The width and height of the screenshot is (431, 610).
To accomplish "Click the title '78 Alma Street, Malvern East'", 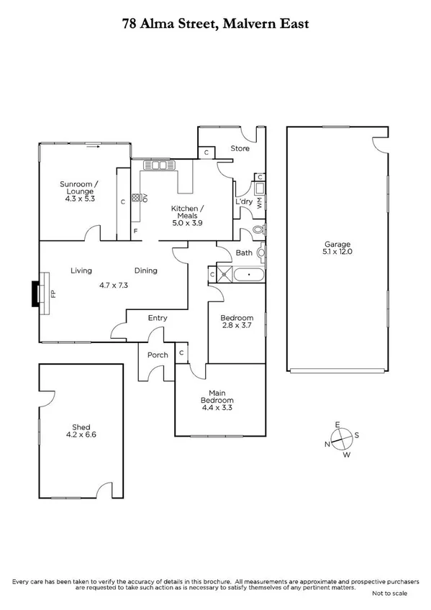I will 215,24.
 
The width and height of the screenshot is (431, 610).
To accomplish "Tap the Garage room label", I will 337,245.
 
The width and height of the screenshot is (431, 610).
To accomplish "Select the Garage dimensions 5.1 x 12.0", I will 337,252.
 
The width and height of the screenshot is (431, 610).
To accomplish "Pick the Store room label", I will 240,149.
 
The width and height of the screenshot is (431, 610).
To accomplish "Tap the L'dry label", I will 244,202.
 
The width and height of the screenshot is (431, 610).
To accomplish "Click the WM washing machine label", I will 259,202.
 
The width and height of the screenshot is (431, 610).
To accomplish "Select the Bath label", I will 244,252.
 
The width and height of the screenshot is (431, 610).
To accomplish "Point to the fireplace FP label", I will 53,293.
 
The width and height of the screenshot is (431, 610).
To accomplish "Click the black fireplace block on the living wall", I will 35,293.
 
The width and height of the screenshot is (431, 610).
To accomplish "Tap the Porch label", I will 158,355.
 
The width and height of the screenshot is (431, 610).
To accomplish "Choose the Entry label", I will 158,318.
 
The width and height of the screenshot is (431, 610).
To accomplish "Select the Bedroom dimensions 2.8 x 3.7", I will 237,327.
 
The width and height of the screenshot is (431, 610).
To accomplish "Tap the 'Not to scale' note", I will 389,593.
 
